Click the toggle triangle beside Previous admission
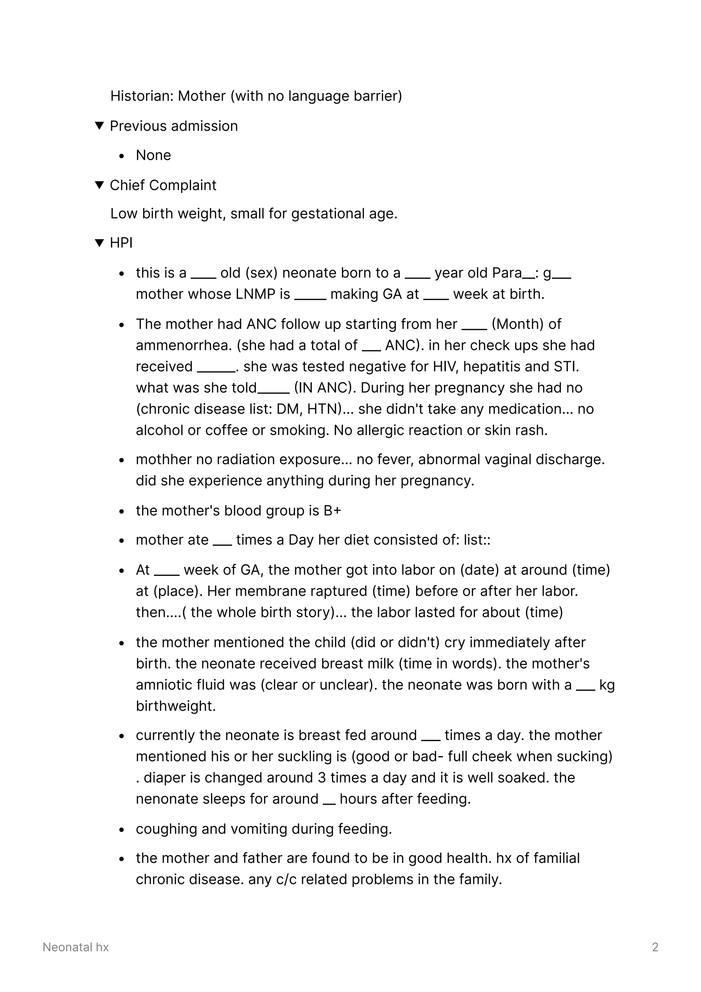click(x=99, y=126)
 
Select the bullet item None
click(x=153, y=155)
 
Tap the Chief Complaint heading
click(x=163, y=185)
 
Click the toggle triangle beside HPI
click(x=99, y=243)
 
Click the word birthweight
click(x=175, y=706)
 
